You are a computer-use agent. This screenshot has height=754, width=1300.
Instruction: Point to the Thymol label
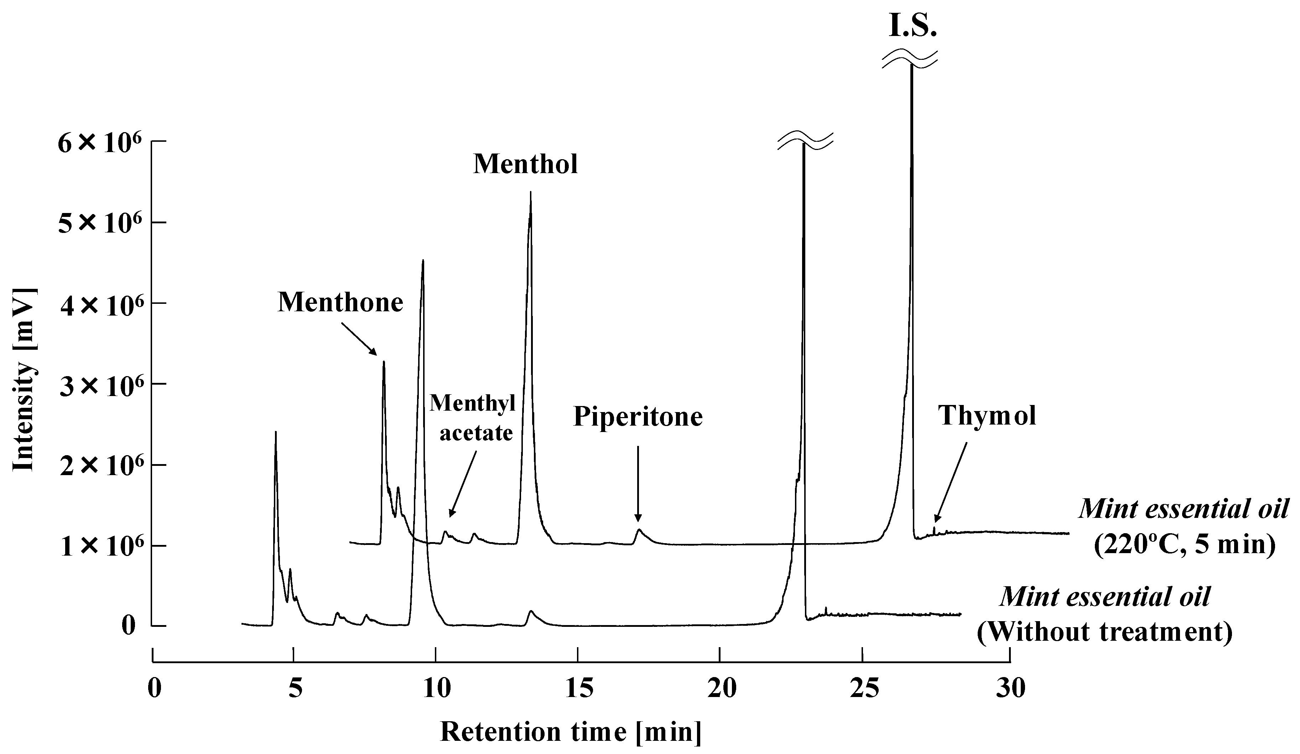coord(987,415)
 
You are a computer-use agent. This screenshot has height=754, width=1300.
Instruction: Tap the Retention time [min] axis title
coord(571,732)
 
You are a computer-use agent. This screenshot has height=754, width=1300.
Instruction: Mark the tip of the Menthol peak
coord(530,192)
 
